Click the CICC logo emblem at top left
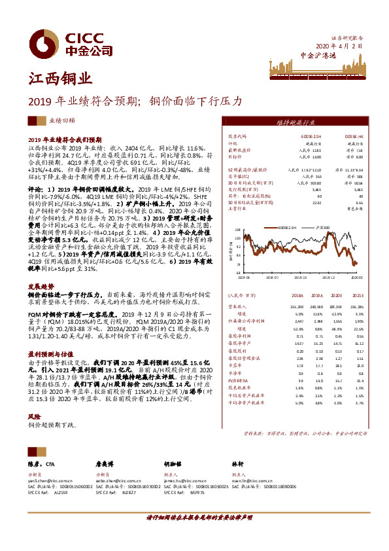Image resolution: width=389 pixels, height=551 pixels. pyautogui.click(x=43, y=43)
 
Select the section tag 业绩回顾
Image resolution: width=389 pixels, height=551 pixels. pyautogui.click(x=62, y=121)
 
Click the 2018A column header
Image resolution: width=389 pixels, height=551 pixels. pyautogui.click(x=296, y=294)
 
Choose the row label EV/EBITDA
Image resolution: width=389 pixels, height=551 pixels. pyautogui.click(x=239, y=380)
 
